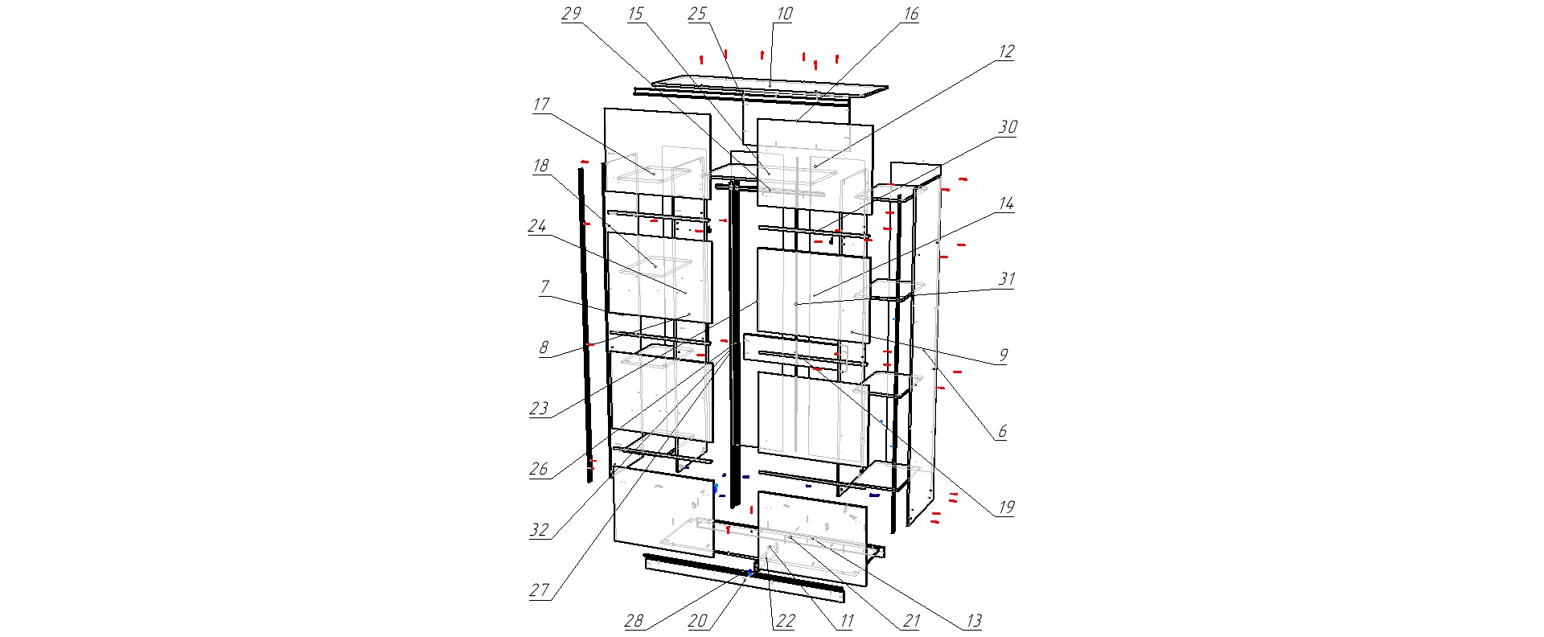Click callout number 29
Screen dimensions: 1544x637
pyautogui.click(x=572, y=14)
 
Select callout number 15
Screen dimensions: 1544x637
pyautogui.click(x=636, y=14)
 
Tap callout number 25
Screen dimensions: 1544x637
pyautogui.click(x=697, y=14)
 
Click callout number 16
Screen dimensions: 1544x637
pyautogui.click(x=911, y=14)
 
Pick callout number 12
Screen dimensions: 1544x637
pyautogui.click(x=1006, y=51)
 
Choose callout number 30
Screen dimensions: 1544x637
pyautogui.click(x=1008, y=127)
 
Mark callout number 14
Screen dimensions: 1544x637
pyautogui.click(x=1006, y=204)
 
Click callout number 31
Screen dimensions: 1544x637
pyautogui.click(x=1007, y=279)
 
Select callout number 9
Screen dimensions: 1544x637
pyautogui.click(x=1004, y=355)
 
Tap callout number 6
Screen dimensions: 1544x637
pyautogui.click(x=1003, y=432)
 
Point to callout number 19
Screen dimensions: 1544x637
pyautogui.click(x=1006, y=508)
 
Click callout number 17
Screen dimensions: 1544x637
pyautogui.click(x=540, y=105)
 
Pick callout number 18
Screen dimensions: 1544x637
pyautogui.click(x=540, y=166)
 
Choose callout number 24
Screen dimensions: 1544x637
pyautogui.click(x=537, y=227)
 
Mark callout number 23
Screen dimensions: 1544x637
pyautogui.click(x=539, y=409)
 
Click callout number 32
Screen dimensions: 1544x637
pyautogui.click(x=539, y=530)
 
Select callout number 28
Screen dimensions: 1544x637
pyautogui.click(x=634, y=622)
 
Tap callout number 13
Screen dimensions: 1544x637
pyautogui.click(x=973, y=622)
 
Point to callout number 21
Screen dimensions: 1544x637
pyautogui.click(x=911, y=622)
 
